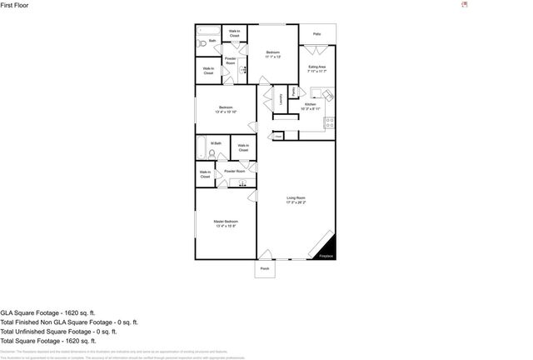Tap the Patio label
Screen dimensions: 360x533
point(316,34)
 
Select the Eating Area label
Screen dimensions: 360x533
point(316,69)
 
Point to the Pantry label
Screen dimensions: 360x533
point(293,91)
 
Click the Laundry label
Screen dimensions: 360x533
point(281,100)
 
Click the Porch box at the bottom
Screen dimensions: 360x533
point(265,269)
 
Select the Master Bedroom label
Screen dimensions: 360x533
point(226,223)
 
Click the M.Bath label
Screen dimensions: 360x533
point(215,143)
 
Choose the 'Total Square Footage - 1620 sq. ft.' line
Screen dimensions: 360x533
point(48,340)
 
